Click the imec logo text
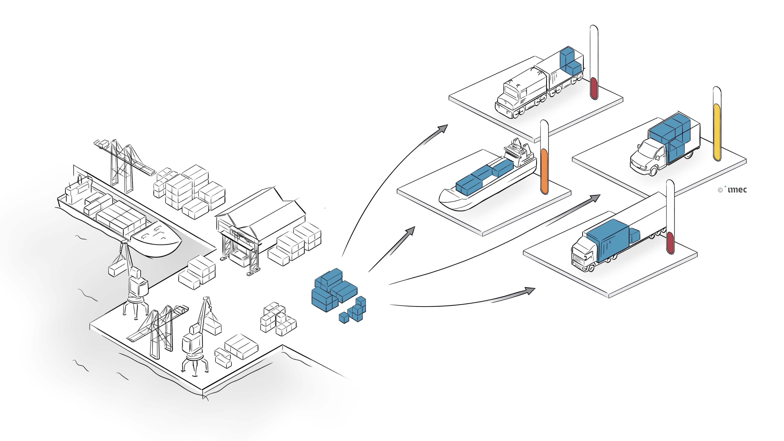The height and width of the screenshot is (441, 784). pyautogui.click(x=737, y=190)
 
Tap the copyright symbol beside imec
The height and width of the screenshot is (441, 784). pyautogui.click(x=720, y=190)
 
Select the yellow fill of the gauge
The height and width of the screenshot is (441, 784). pyautogui.click(x=717, y=132)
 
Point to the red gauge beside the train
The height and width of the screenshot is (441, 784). pyautogui.click(x=594, y=88)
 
